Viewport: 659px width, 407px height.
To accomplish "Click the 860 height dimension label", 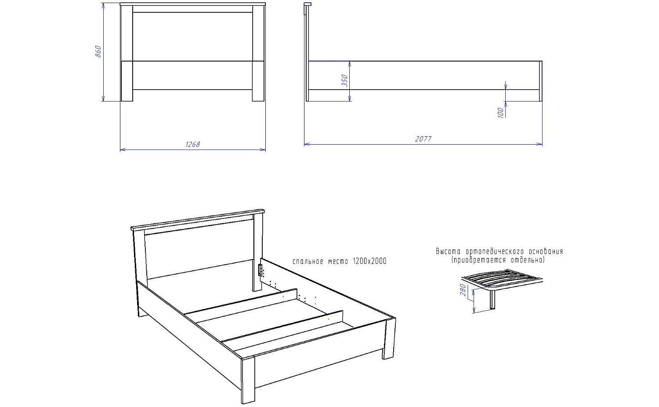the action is (x=98, y=51).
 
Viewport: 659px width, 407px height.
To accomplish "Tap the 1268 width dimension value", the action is (x=193, y=144).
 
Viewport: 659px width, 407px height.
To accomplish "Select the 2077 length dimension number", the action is (x=423, y=139).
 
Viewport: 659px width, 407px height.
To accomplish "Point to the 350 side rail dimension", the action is (x=345, y=80).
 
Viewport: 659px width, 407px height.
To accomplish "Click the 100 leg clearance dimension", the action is (x=500, y=113).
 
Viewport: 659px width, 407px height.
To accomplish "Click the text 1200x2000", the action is (x=369, y=262).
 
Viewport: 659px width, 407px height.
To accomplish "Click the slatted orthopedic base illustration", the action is (x=502, y=280).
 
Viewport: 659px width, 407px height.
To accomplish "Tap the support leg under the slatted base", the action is (x=492, y=300).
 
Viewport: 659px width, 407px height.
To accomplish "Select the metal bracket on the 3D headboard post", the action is (x=260, y=269).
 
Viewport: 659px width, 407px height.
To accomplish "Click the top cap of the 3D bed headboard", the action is (x=198, y=219).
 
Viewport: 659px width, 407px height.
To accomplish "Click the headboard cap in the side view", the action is (x=308, y=4).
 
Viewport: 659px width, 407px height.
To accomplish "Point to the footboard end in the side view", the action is (x=540, y=81).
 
